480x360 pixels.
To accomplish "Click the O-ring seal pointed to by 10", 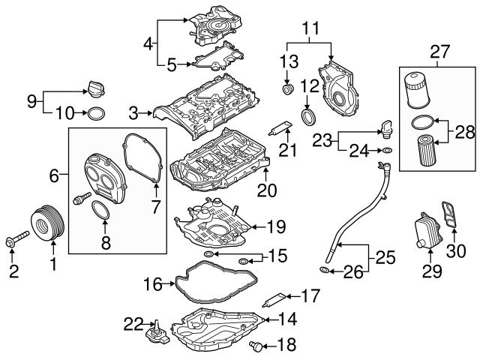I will point(96,114).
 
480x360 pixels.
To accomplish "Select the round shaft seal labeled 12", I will point(307,118).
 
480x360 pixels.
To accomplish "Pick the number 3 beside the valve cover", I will point(134,114).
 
